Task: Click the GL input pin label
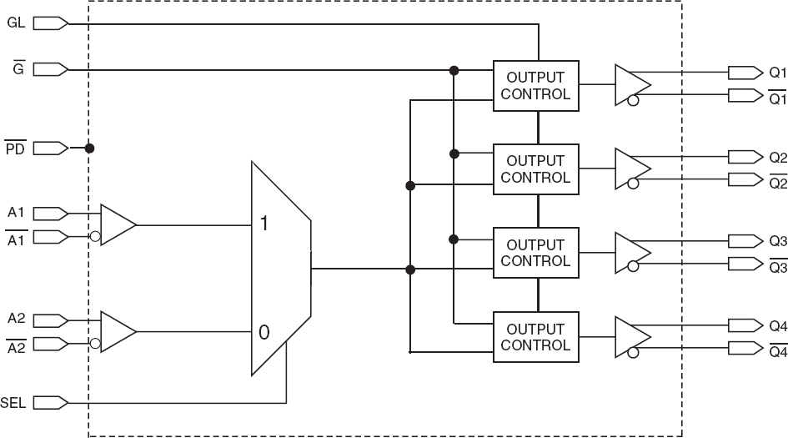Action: (x=15, y=23)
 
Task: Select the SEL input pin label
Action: (x=13, y=404)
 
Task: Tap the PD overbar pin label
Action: (x=14, y=149)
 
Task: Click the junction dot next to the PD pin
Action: (x=89, y=149)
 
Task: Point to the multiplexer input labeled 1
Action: (x=264, y=224)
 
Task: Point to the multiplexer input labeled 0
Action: (x=264, y=332)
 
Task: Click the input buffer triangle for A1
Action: (x=117, y=224)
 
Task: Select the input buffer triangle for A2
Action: (x=117, y=332)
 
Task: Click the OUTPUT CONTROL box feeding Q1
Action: (x=535, y=85)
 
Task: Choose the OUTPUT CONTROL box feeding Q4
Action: (x=535, y=336)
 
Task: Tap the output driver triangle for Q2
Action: (x=631, y=169)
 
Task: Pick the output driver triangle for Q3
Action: (x=631, y=253)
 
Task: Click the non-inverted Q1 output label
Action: (x=777, y=73)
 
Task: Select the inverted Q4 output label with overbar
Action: (x=777, y=352)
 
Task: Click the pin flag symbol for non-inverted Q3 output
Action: (x=745, y=240)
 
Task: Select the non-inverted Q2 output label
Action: (x=777, y=157)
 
